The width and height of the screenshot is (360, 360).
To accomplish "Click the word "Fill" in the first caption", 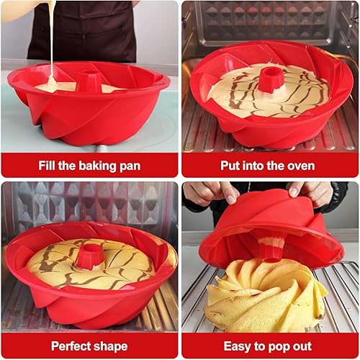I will pos(49,165).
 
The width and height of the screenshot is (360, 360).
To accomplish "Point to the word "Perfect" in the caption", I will pos(75,346).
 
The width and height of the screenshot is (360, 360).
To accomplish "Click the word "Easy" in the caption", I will pos(238,346).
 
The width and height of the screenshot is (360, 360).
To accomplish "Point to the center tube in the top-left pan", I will pos(89,79).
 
